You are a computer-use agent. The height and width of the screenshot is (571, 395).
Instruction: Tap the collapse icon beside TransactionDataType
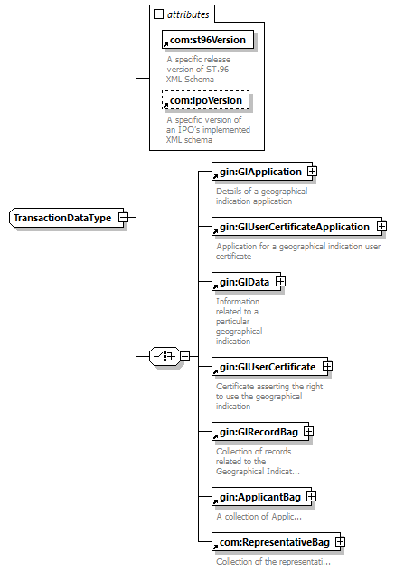point(122,218)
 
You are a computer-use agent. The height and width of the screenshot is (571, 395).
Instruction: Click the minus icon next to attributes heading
point(159,15)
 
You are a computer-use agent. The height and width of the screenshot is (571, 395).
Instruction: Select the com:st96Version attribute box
point(206,41)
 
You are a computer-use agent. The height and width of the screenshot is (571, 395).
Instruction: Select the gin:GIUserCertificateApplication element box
point(293,227)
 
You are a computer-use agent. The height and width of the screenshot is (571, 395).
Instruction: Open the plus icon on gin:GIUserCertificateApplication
point(381,227)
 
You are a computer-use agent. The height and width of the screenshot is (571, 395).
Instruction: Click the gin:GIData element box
point(242,283)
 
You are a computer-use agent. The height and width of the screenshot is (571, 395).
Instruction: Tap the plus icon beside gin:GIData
point(280,283)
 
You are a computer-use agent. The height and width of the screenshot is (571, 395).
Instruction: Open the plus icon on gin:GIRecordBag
point(308,432)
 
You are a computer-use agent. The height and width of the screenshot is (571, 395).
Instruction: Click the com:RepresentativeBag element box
point(270,541)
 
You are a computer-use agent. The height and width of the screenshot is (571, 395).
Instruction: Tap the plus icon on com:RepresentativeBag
point(340,541)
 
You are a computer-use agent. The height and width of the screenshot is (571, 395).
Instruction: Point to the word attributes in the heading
point(188,15)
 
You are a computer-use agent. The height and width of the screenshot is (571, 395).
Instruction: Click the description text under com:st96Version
point(198,69)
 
